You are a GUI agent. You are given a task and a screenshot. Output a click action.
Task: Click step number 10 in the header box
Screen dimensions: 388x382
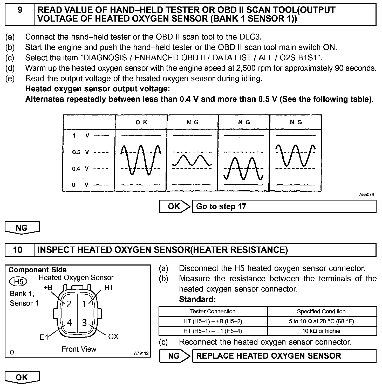tap(18, 250)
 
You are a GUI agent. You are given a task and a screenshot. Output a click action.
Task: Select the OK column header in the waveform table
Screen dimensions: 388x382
tap(141, 122)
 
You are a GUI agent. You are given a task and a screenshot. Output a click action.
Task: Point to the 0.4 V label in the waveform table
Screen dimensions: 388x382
tap(80, 169)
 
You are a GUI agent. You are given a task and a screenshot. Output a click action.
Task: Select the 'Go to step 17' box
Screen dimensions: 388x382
tap(284, 206)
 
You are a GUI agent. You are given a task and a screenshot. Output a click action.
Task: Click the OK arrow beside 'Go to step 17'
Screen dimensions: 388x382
tap(175, 206)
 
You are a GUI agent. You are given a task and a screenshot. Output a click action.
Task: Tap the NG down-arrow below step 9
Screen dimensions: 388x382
tap(22, 228)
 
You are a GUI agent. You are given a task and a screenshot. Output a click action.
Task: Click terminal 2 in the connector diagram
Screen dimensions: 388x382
tap(69, 304)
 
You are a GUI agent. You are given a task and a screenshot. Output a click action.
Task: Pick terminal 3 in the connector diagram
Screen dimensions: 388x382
tap(84, 323)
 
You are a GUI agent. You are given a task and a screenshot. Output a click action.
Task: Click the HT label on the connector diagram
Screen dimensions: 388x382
tap(109, 288)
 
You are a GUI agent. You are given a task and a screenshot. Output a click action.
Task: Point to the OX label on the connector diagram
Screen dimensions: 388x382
tap(113, 337)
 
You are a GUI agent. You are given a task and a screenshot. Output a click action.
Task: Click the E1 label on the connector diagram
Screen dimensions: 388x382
tap(44, 337)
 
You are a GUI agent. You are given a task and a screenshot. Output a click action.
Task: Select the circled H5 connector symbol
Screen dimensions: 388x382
tap(18, 282)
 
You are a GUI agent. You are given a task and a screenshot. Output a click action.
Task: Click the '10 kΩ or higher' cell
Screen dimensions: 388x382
tap(322, 331)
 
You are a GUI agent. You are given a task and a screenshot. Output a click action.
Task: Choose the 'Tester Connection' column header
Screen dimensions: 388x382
tap(213, 312)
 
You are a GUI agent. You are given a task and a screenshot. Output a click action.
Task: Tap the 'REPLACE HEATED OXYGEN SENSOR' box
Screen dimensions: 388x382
tap(284, 356)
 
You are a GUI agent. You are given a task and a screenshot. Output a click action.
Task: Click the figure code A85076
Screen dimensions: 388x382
tap(367, 195)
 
